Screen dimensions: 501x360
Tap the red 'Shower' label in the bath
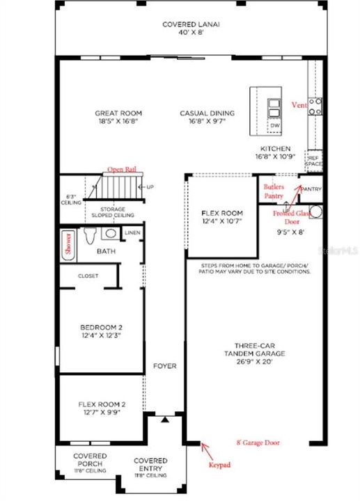click(x=67, y=244)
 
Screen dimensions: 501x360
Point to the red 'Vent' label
click(x=299, y=104)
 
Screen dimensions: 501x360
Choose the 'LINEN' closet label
click(x=132, y=232)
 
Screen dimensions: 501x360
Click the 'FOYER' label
click(x=165, y=365)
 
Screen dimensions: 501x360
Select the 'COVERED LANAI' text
click(x=191, y=24)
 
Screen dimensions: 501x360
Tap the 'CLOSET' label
click(x=88, y=276)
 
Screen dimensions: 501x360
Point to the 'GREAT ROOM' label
click(x=118, y=113)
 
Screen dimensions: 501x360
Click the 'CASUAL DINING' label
click(x=207, y=113)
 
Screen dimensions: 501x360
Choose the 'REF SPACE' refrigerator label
click(x=313, y=160)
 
